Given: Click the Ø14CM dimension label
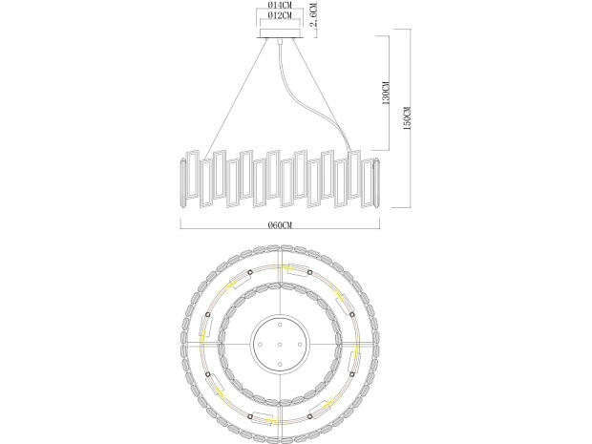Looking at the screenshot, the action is click(280, 6).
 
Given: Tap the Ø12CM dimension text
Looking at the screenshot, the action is click(280, 15).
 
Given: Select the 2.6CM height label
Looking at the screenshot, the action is click(313, 15).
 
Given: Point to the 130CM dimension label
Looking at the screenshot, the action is click(386, 93).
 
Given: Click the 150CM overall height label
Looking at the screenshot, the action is click(408, 118).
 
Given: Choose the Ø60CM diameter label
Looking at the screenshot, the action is click(280, 225).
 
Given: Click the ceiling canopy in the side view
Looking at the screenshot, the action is click(280, 33).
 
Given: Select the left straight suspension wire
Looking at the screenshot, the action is click(236, 99).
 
